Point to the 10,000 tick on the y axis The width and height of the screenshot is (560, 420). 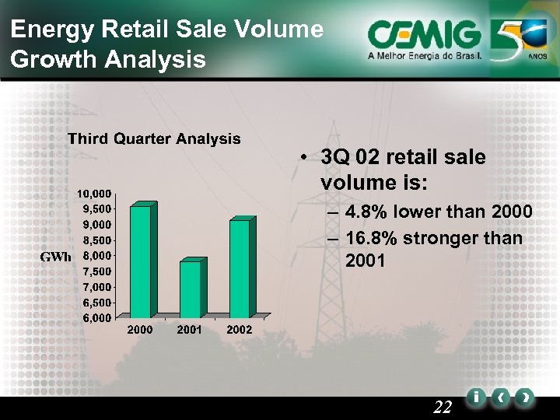93,193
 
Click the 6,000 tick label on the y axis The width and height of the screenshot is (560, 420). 96,318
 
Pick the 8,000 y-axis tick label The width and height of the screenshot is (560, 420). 96,256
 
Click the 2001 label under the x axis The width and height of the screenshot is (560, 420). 190,330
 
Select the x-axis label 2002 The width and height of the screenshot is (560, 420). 240,330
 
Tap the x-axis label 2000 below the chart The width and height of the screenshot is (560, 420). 140,330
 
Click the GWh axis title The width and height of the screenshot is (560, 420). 56,257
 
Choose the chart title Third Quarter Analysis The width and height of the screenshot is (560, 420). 154,139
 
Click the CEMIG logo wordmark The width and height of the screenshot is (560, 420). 424,35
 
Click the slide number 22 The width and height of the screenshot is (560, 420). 443,407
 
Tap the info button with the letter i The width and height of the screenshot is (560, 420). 475,397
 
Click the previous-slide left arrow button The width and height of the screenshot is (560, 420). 502,397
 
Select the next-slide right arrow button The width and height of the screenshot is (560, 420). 527,397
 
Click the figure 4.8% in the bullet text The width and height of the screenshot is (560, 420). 366,212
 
